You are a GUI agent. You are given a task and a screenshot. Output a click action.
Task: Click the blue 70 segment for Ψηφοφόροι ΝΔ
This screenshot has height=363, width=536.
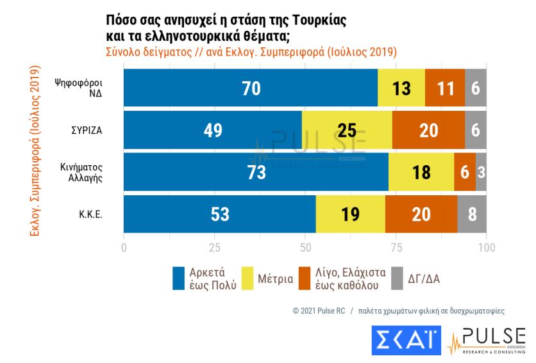pyautogui.click(x=251, y=88)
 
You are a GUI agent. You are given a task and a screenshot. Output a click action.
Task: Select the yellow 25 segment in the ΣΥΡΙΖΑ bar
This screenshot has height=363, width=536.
pyautogui.click(x=347, y=130)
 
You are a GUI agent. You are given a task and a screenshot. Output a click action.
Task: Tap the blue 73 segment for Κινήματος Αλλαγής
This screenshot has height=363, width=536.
pyautogui.click(x=256, y=172)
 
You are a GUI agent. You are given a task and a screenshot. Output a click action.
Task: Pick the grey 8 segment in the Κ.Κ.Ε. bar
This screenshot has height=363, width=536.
pyautogui.click(x=472, y=214)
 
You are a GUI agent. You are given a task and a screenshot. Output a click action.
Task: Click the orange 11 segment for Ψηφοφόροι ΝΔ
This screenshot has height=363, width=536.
pyautogui.click(x=445, y=88)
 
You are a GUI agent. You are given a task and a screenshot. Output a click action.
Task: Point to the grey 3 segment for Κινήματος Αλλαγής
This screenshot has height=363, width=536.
pyautogui.click(x=481, y=172)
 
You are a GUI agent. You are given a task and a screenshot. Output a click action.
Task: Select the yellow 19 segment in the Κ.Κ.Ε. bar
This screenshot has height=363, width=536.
pyautogui.click(x=350, y=214)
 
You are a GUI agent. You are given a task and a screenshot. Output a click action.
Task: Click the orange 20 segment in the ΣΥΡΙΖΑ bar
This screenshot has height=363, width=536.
pyautogui.click(x=428, y=130)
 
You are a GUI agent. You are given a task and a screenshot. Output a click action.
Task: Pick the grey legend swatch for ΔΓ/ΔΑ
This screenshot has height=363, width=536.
pyautogui.click(x=396, y=278)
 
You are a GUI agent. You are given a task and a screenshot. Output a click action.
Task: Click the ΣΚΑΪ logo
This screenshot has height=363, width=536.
pyautogui.click(x=406, y=340)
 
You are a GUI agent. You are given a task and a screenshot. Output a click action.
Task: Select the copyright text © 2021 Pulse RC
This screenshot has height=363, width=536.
pyautogui.click(x=319, y=311)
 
